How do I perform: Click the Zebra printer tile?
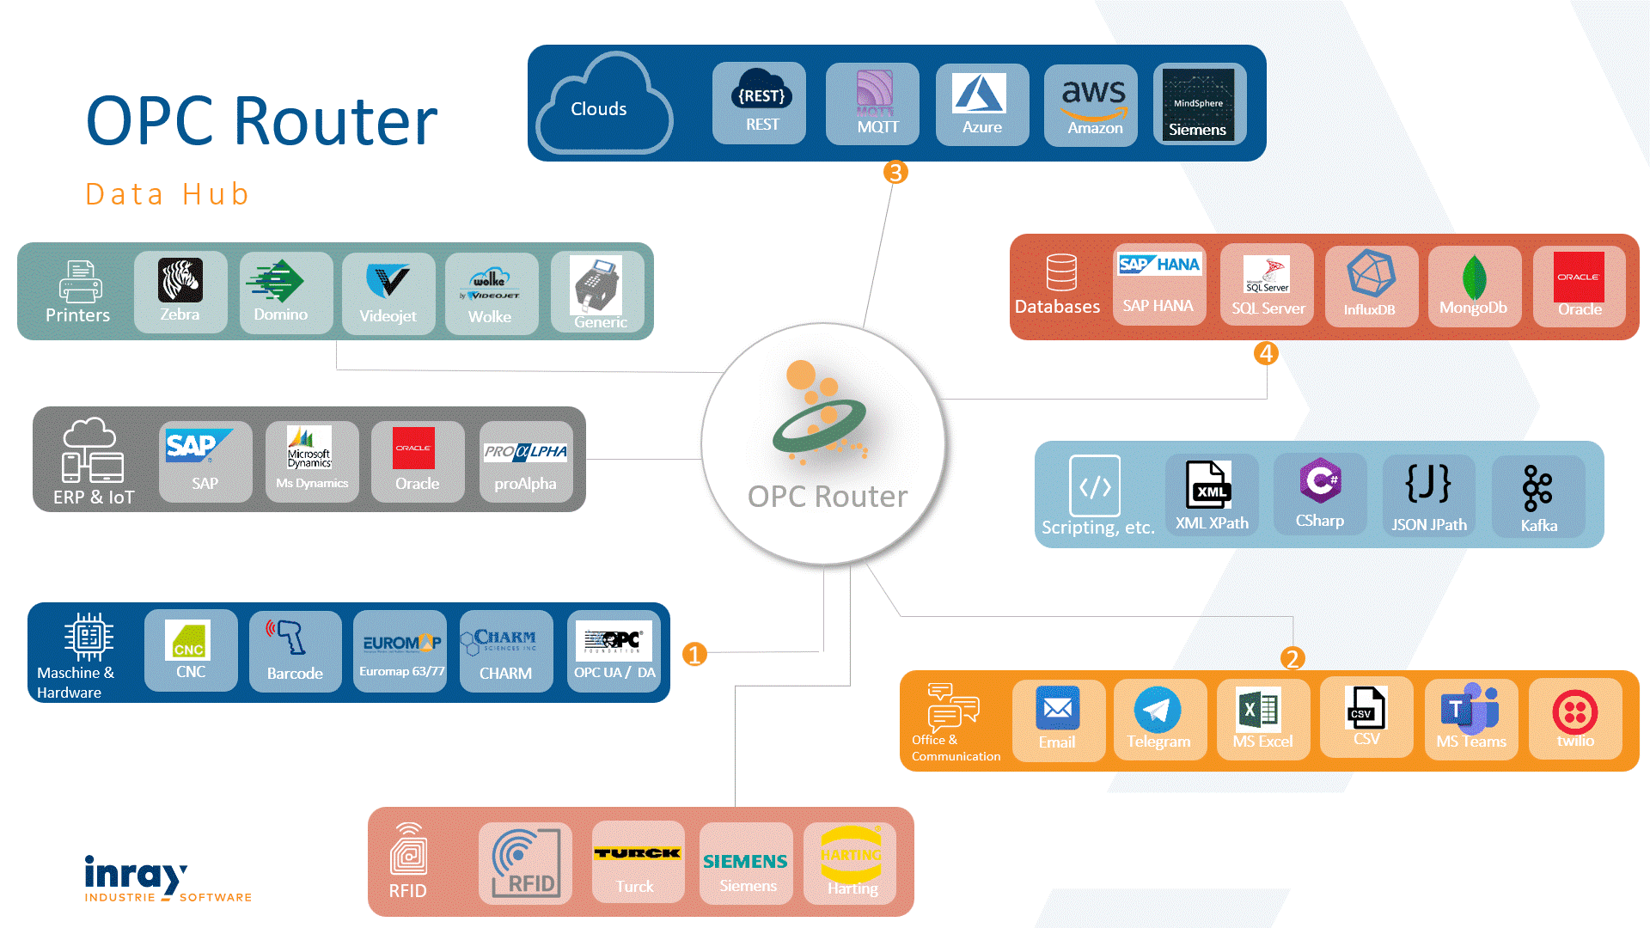click(180, 291)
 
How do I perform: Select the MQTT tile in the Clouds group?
click(872, 103)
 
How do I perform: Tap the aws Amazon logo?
click(1093, 99)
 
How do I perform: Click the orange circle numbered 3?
click(895, 173)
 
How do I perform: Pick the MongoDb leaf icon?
click(1474, 277)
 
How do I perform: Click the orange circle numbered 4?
click(1266, 353)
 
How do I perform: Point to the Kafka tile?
click(1538, 497)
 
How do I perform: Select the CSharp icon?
click(1320, 480)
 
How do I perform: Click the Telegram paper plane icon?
click(1158, 710)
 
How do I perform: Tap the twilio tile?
click(1575, 718)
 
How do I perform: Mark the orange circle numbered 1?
click(694, 655)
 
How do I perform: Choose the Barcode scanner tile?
click(295, 650)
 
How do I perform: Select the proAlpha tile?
click(525, 461)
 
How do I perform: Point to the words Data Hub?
click(168, 194)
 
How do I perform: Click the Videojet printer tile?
click(388, 292)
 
